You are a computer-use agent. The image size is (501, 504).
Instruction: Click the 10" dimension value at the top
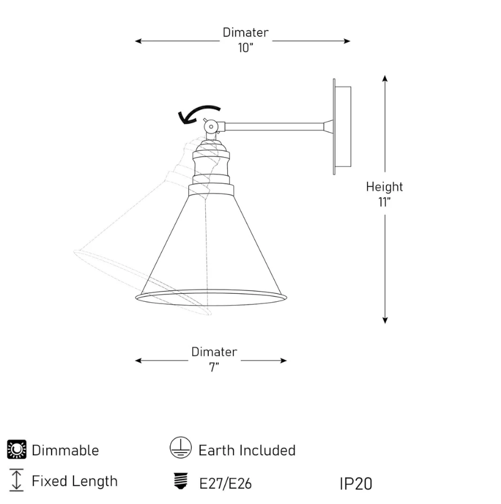tap(245, 48)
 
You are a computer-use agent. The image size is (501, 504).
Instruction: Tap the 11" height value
tap(385, 202)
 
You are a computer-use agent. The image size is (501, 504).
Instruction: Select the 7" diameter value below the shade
tap(214, 367)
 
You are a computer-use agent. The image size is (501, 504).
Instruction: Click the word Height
tap(385, 187)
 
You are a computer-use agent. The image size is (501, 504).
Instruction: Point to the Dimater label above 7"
tap(214, 351)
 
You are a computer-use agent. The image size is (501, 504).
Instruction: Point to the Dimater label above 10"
tap(245, 32)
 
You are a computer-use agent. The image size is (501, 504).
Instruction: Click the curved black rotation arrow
tap(198, 114)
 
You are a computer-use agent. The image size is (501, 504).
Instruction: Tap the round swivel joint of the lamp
tap(211, 127)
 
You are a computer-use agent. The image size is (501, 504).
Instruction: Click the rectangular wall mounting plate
tap(342, 127)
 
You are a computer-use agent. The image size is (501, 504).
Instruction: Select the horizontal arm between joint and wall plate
tap(274, 127)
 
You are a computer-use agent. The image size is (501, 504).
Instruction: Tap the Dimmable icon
tap(17, 449)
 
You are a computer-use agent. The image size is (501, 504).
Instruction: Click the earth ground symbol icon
tap(180, 447)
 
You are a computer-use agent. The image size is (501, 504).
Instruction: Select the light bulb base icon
tap(180, 481)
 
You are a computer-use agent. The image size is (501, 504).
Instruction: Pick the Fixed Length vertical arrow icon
tap(16, 480)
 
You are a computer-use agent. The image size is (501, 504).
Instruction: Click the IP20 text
tap(356, 484)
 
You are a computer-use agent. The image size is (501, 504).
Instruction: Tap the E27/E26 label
tap(225, 484)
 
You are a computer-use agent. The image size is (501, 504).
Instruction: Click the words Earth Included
tap(247, 450)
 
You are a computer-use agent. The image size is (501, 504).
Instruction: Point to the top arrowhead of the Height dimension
tap(385, 78)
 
